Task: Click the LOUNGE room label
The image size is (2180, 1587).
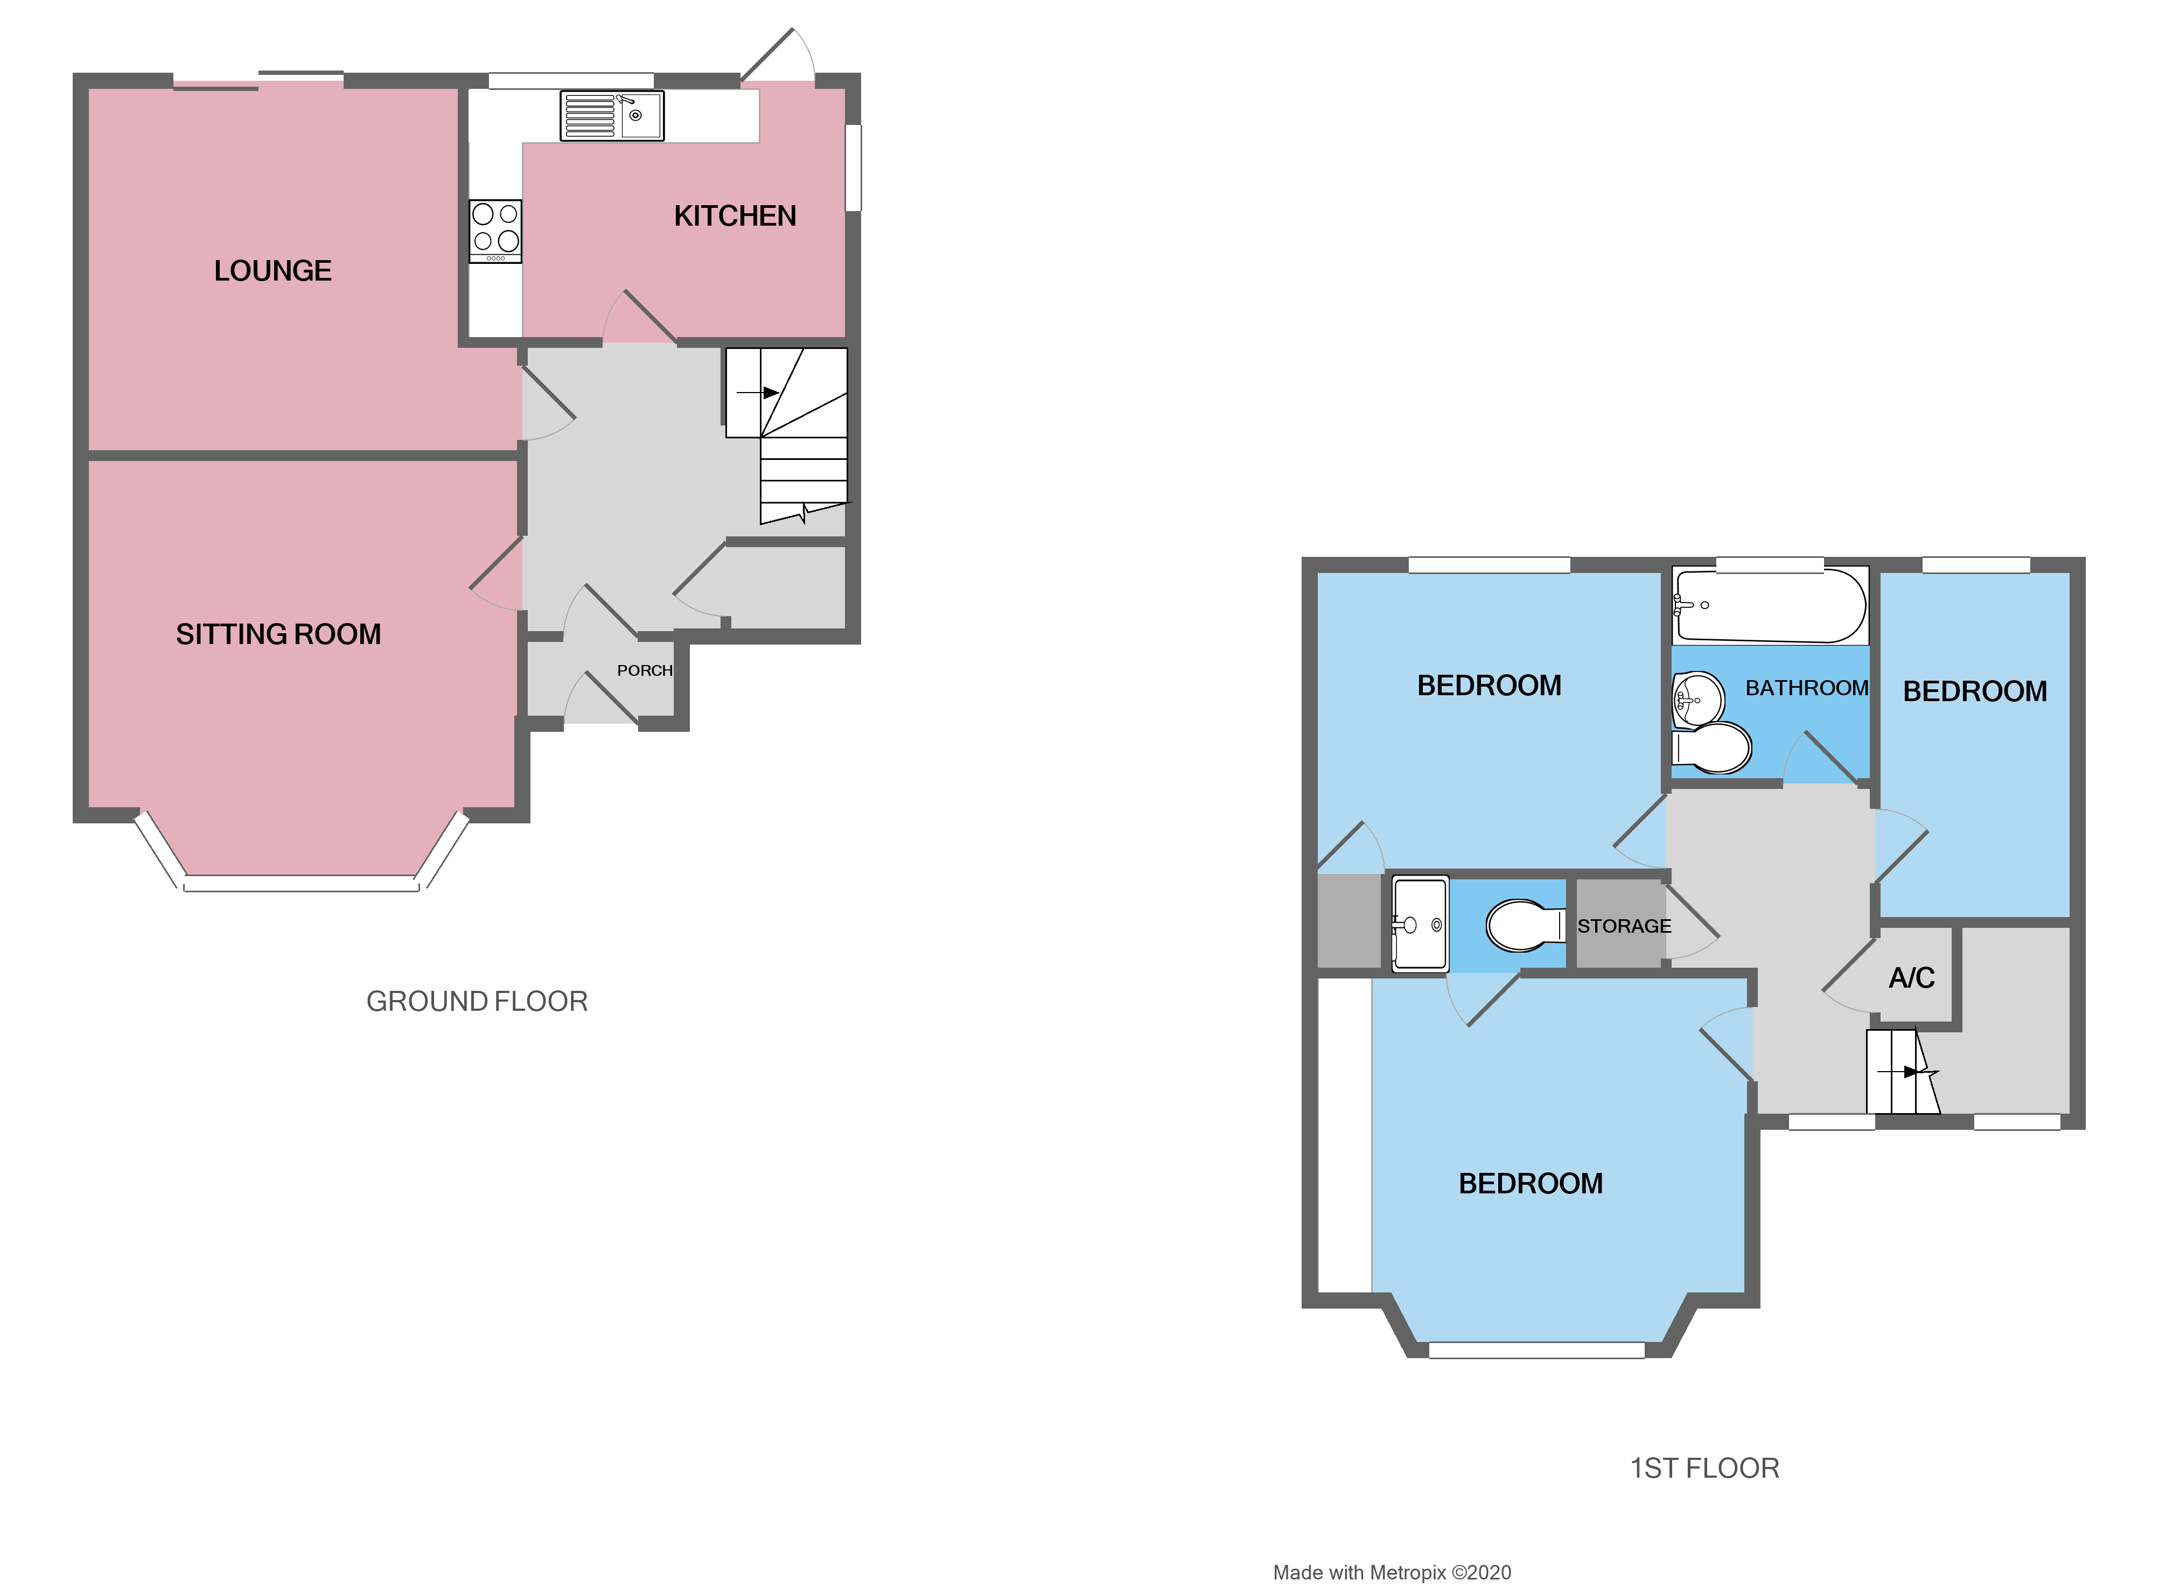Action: [273, 271]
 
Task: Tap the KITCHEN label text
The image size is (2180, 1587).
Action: [735, 216]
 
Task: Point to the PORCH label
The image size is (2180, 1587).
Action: [644, 671]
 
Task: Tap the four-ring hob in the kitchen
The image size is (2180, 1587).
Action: [495, 230]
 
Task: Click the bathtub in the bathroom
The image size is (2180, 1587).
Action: [1769, 606]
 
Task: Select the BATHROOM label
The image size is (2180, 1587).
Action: [1806, 688]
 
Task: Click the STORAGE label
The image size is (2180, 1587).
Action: [1624, 927]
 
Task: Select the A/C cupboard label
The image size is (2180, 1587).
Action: [1911, 978]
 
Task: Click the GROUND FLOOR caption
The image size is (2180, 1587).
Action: [477, 1002]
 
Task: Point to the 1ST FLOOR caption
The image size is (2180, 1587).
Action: [1704, 1469]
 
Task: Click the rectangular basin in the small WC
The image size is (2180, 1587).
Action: [1419, 925]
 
